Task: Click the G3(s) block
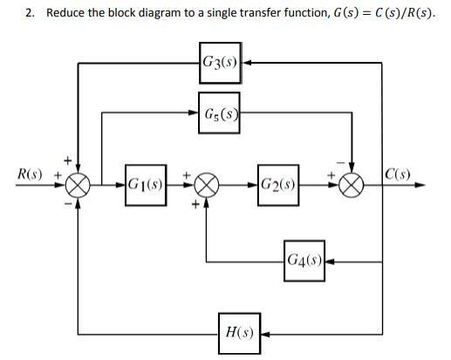[x=220, y=63]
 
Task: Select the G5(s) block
[x=220, y=112]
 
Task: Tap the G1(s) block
[x=145, y=185]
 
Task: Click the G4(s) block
[x=304, y=260]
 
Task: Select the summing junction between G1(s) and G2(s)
[x=207, y=185]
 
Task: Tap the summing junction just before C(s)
[x=352, y=185]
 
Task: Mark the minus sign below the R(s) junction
[x=68, y=203]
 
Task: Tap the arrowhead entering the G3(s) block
[x=247, y=63]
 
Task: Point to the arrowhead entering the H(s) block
[x=265, y=333]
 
